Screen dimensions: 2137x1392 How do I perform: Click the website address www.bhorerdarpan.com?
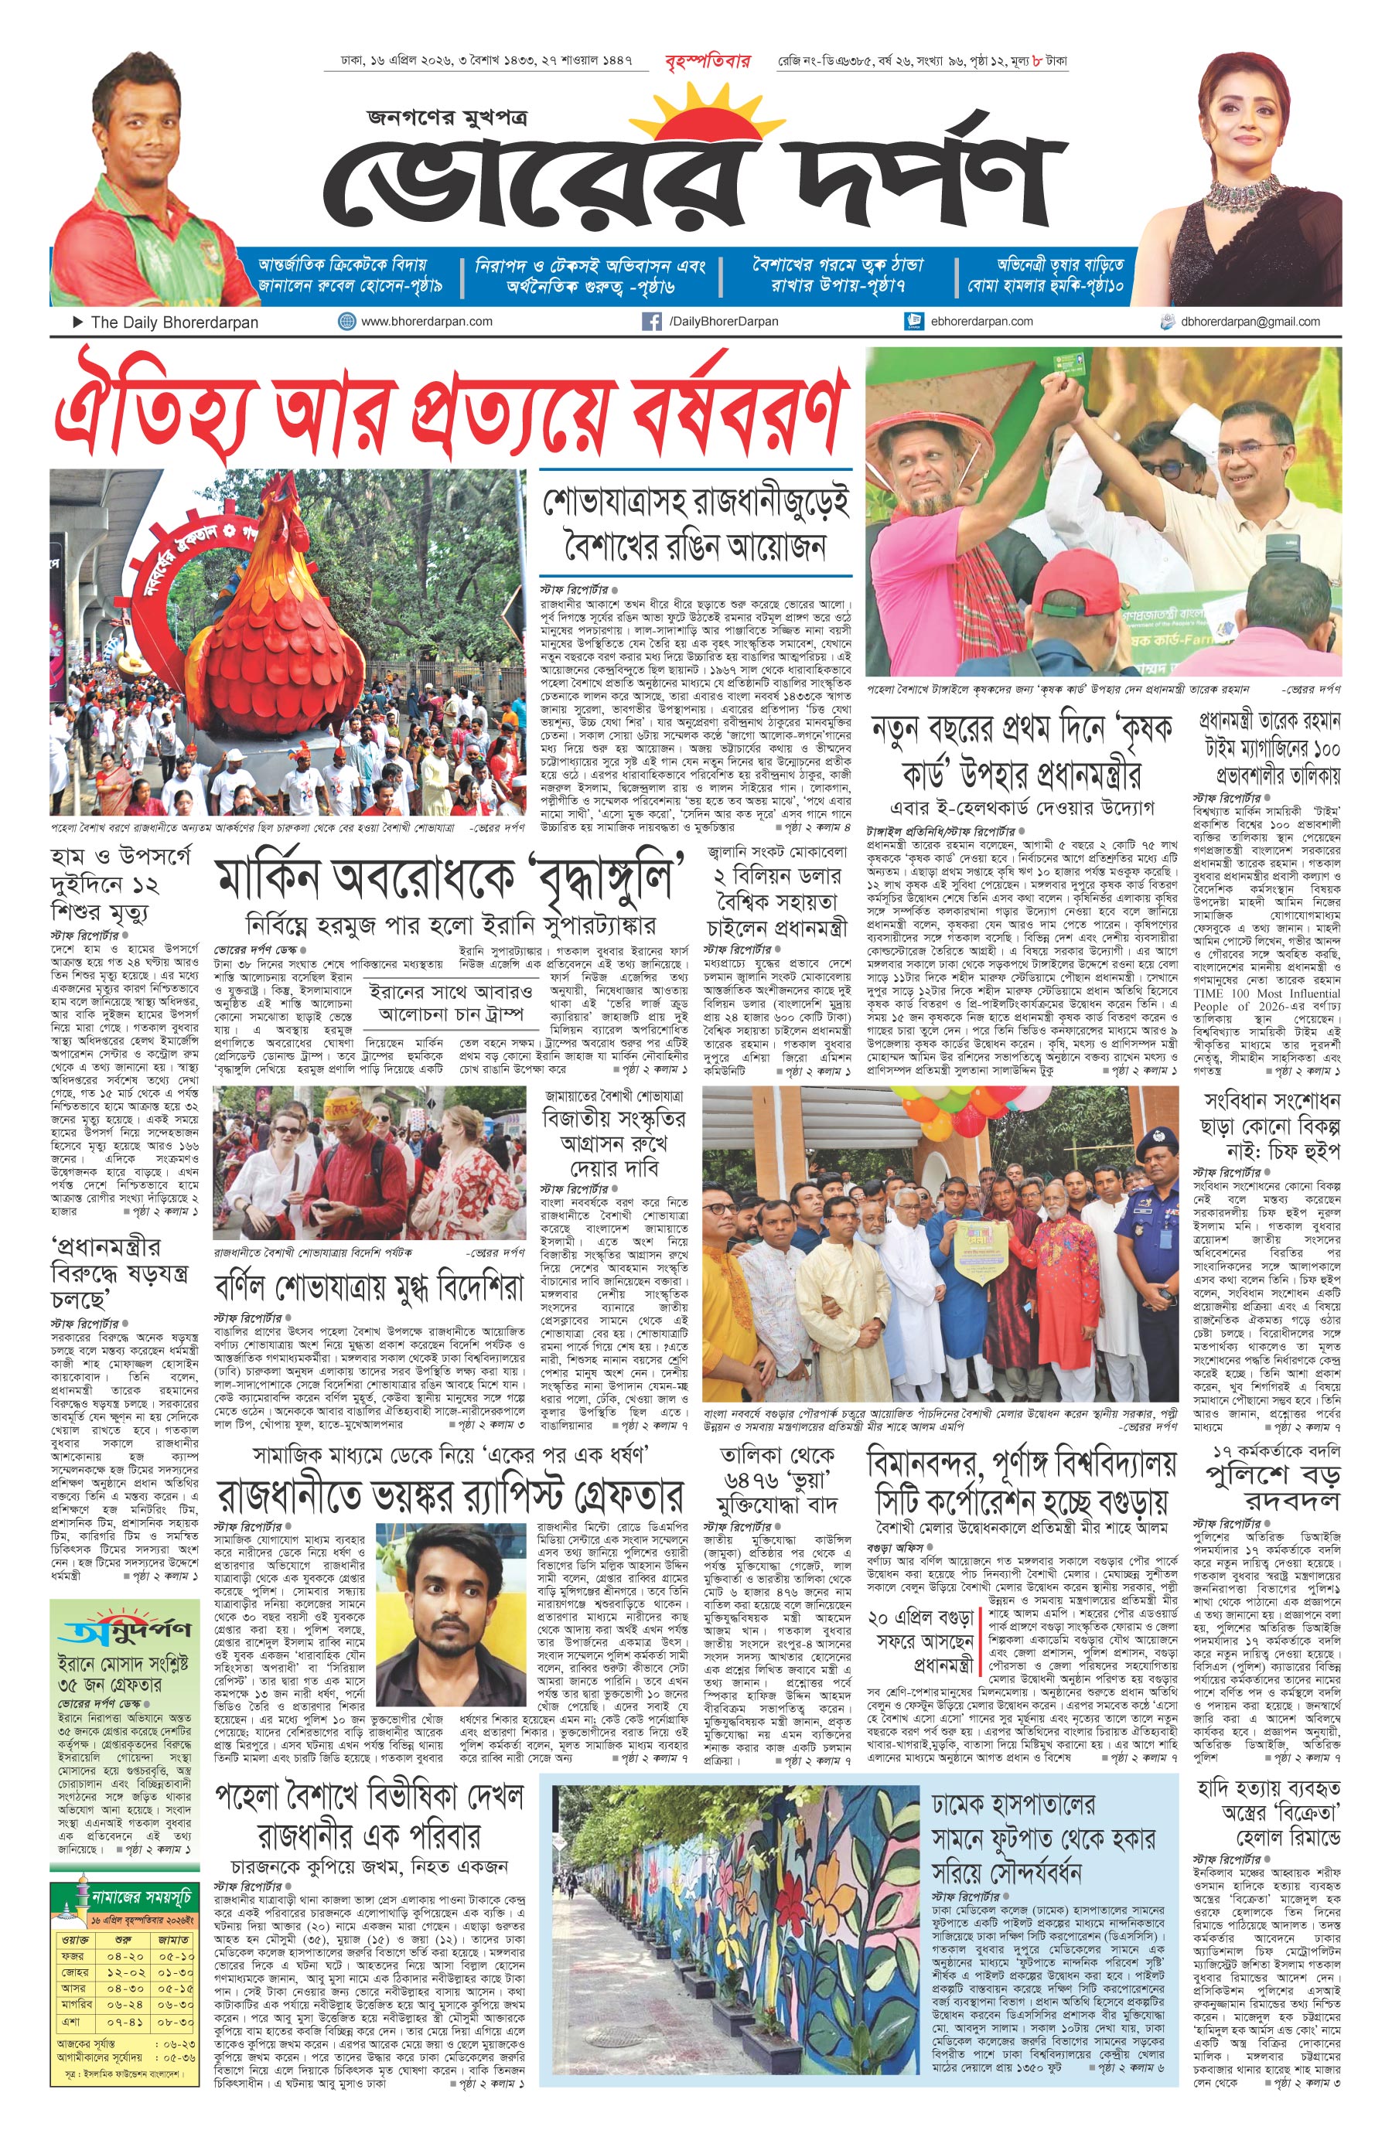[427, 321]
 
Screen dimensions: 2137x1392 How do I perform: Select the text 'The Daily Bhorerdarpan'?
[174, 322]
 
